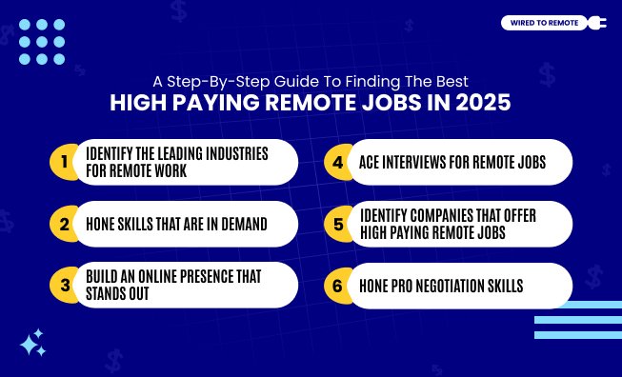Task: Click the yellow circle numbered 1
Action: (64, 162)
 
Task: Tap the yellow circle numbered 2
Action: (64, 225)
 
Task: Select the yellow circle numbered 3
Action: (64, 285)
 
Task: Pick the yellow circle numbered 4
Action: (337, 162)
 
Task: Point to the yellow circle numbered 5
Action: (337, 225)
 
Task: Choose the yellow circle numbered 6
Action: (337, 285)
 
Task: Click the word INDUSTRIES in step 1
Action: (241, 152)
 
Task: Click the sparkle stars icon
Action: (32, 343)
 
